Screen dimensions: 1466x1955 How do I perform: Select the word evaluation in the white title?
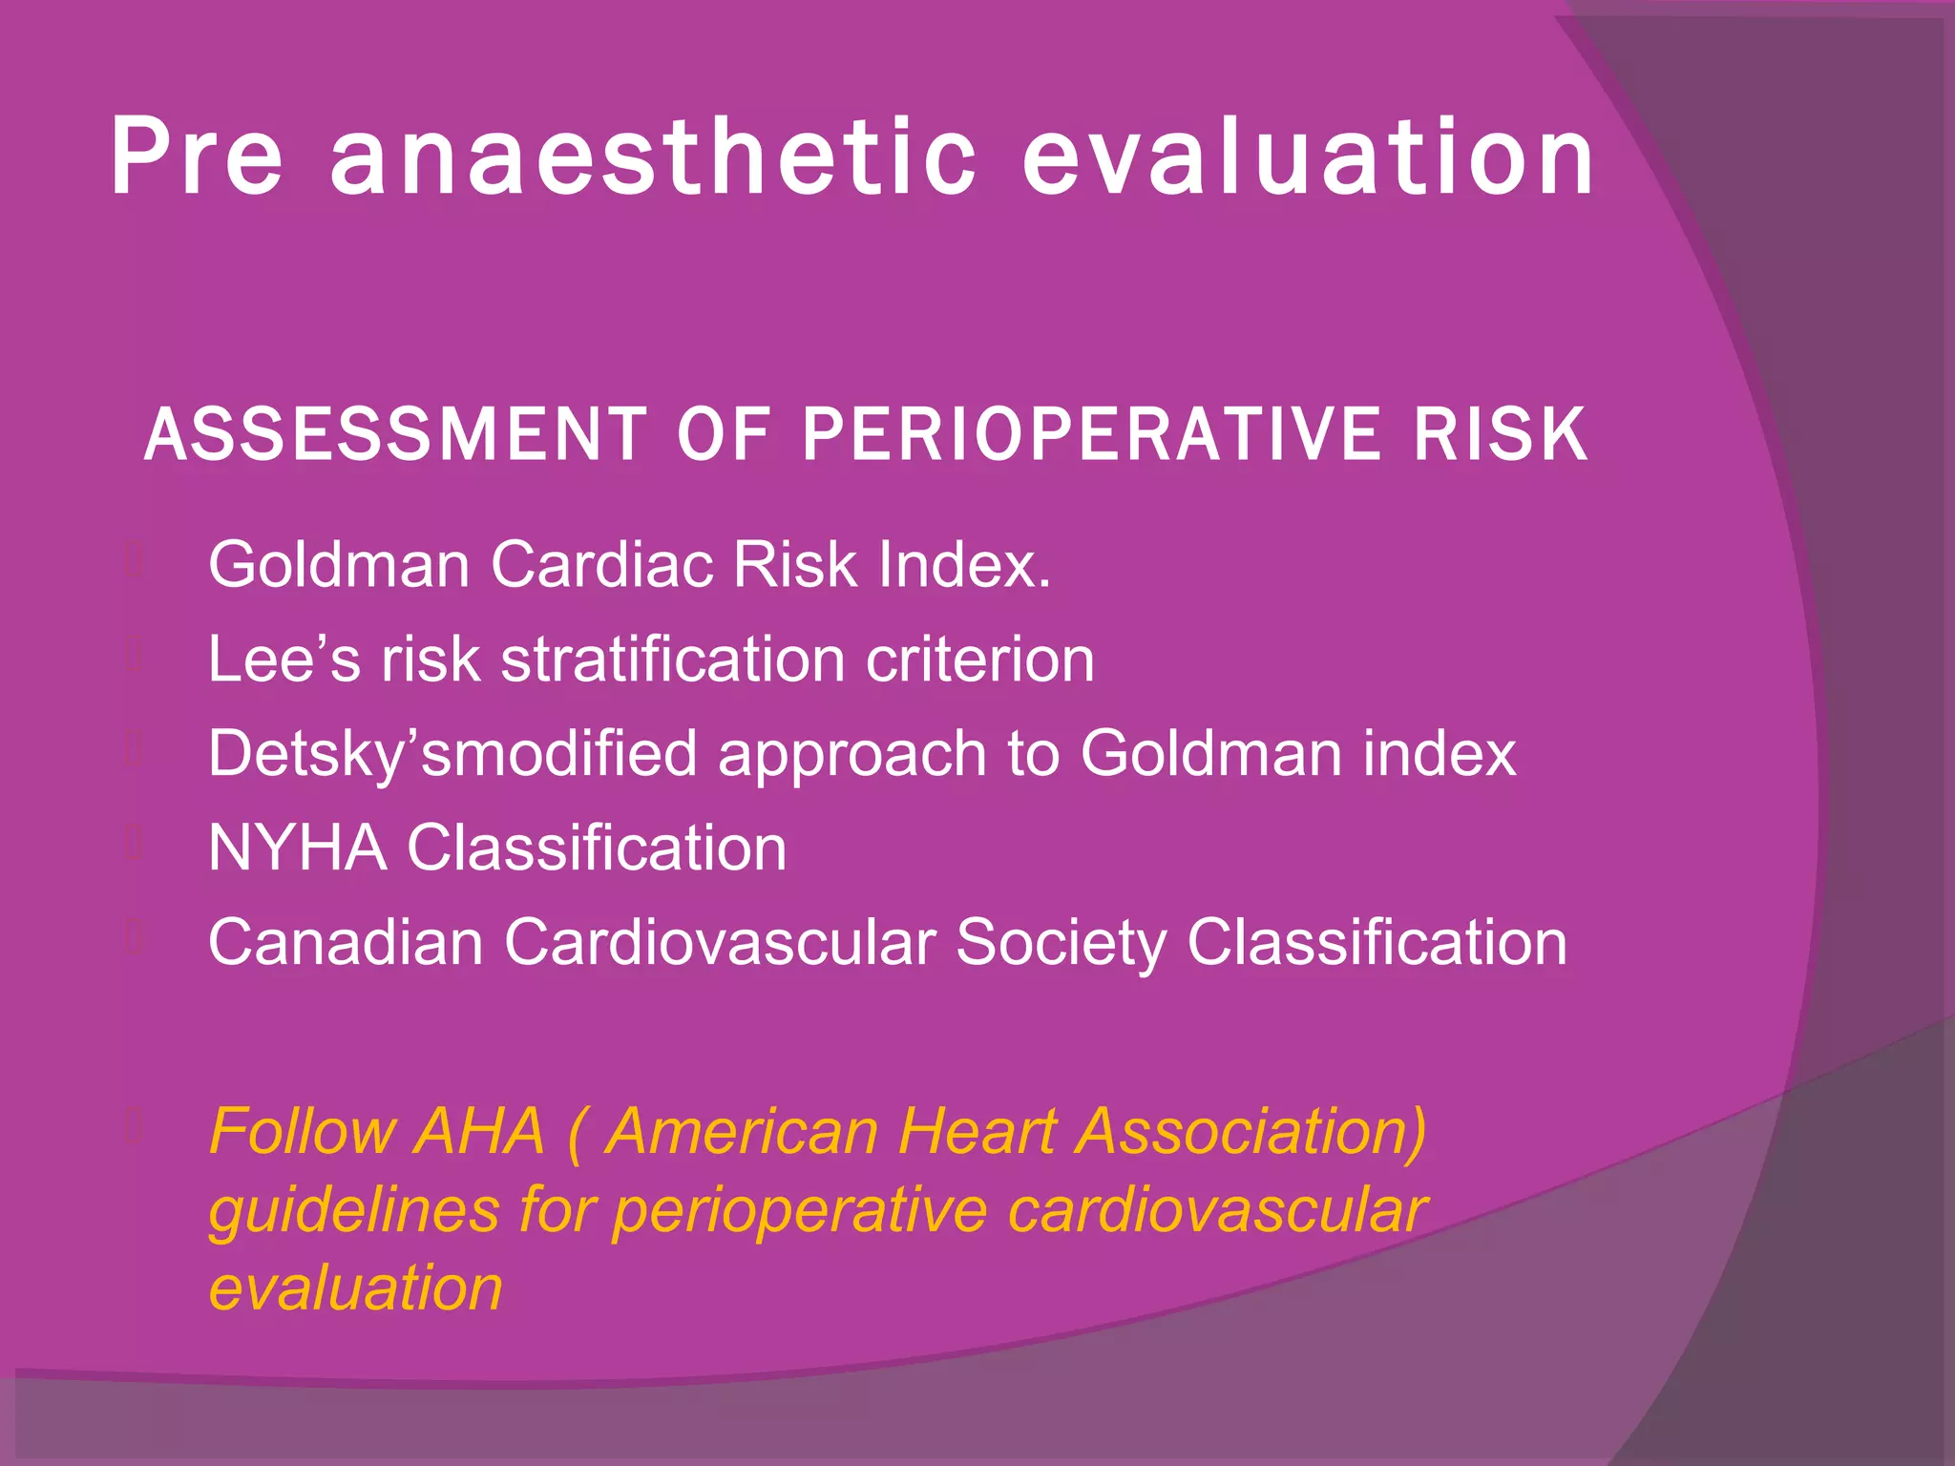tap(1309, 157)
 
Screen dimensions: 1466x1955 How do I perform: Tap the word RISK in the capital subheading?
tap(1501, 435)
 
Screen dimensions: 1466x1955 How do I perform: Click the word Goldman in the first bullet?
tap(339, 565)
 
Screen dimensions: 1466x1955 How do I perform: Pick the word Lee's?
tap(284, 660)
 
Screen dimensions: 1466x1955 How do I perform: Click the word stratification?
tap(674, 660)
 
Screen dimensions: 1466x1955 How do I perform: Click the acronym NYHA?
tap(297, 848)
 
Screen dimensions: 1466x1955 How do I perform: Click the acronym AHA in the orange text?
tap(481, 1132)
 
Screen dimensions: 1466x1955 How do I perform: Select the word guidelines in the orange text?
tap(353, 1211)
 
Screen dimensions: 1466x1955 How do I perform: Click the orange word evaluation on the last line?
tap(355, 1288)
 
